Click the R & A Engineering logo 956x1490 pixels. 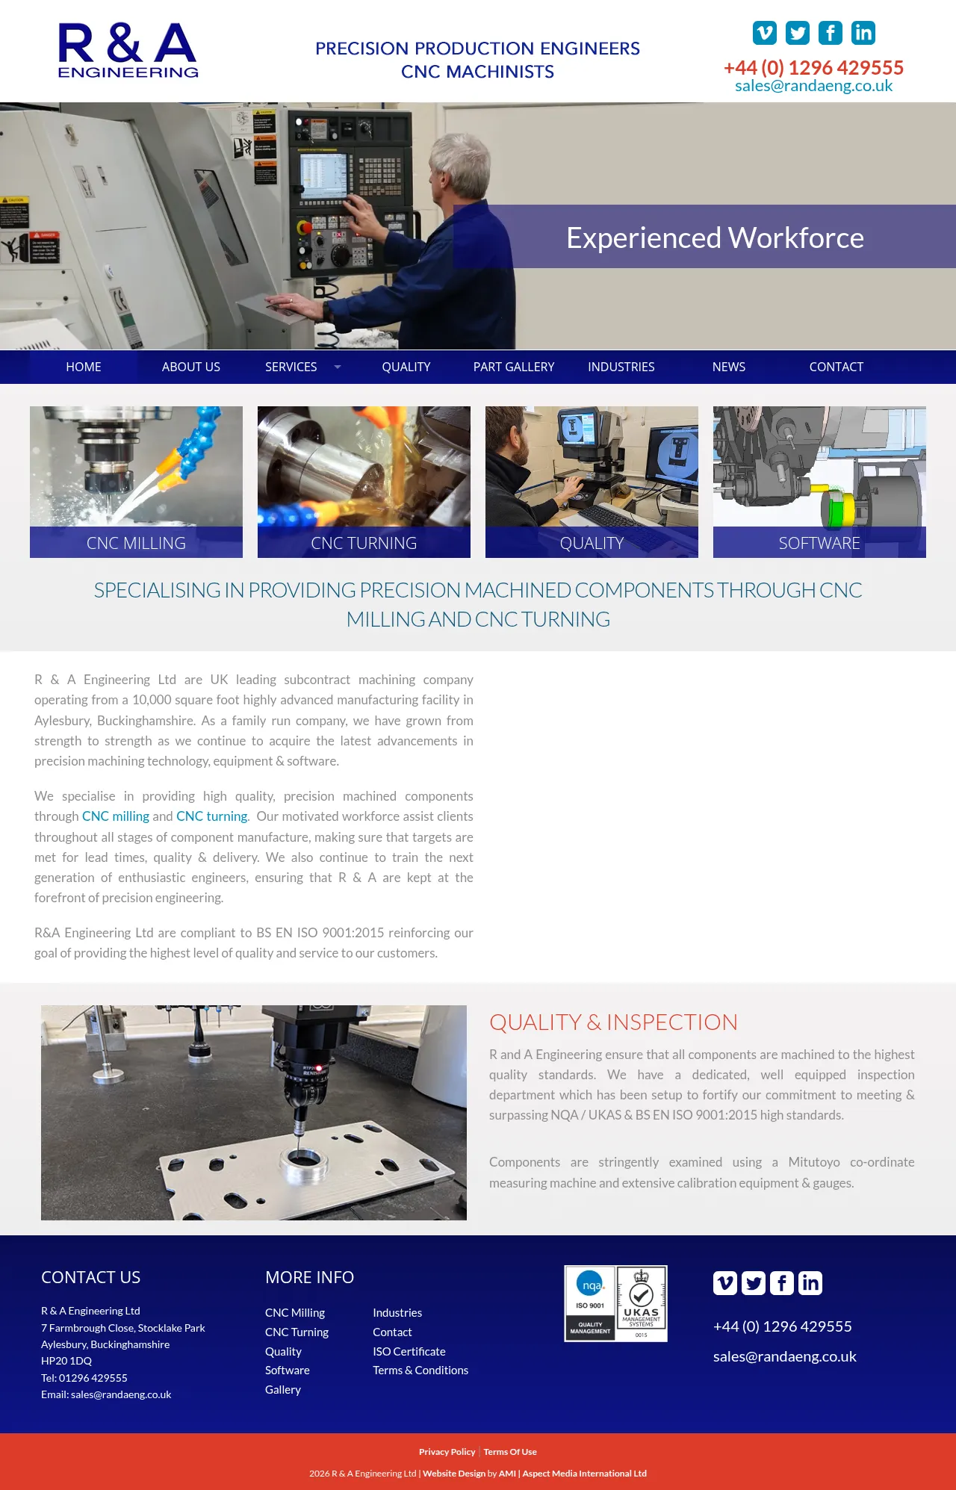click(128, 50)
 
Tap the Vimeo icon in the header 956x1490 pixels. click(765, 33)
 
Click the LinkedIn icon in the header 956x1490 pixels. click(863, 33)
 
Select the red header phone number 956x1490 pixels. click(813, 68)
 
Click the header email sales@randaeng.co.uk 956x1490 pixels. click(813, 86)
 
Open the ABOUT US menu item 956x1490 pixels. click(191, 367)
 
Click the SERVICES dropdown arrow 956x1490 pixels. click(338, 367)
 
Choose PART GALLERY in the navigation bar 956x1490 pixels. click(514, 367)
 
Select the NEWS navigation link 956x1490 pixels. click(729, 367)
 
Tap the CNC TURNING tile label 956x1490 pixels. click(364, 543)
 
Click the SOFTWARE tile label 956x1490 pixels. click(819, 543)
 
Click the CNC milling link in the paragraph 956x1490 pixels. click(116, 816)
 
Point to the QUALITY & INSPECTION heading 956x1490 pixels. click(613, 1022)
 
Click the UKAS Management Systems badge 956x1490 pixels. click(642, 1303)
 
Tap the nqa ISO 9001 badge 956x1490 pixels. click(590, 1303)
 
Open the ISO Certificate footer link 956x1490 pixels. click(409, 1351)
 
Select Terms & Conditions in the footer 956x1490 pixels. click(420, 1370)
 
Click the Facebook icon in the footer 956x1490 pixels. click(782, 1283)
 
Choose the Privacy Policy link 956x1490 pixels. click(447, 1452)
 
